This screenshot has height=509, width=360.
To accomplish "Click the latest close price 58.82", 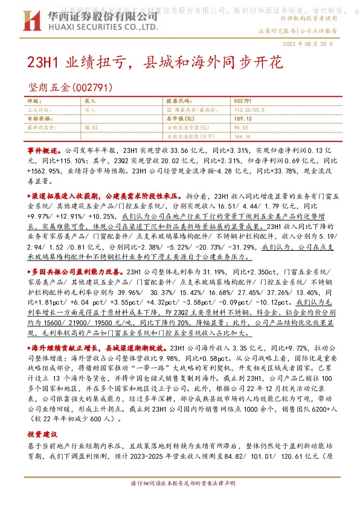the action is click(x=92, y=128).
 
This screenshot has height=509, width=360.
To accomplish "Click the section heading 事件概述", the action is click(x=43, y=149).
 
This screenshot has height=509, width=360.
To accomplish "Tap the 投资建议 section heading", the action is click(x=43, y=417).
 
